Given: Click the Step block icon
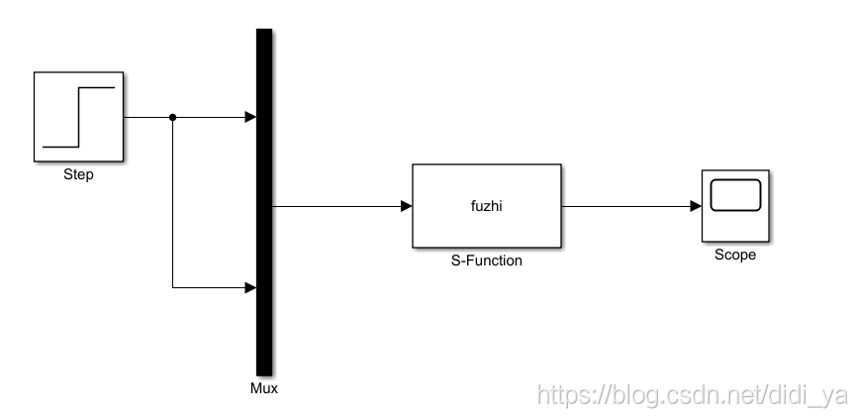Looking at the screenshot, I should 78,116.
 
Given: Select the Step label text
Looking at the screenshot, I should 78,175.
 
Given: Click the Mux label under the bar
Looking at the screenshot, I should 264,388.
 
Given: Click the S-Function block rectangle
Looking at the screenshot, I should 486,228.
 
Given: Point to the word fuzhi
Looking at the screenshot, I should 487,206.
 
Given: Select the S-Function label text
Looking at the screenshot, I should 487,261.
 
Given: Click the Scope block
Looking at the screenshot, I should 734,205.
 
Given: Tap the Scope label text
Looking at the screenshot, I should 734,255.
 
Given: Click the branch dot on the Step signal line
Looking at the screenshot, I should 173,117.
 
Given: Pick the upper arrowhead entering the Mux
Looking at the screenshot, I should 250,117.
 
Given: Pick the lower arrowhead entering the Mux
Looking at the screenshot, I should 250,288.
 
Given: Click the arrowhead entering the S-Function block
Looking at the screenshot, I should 407,206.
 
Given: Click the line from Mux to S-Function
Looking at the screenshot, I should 336,206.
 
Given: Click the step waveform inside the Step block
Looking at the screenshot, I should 78,116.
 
